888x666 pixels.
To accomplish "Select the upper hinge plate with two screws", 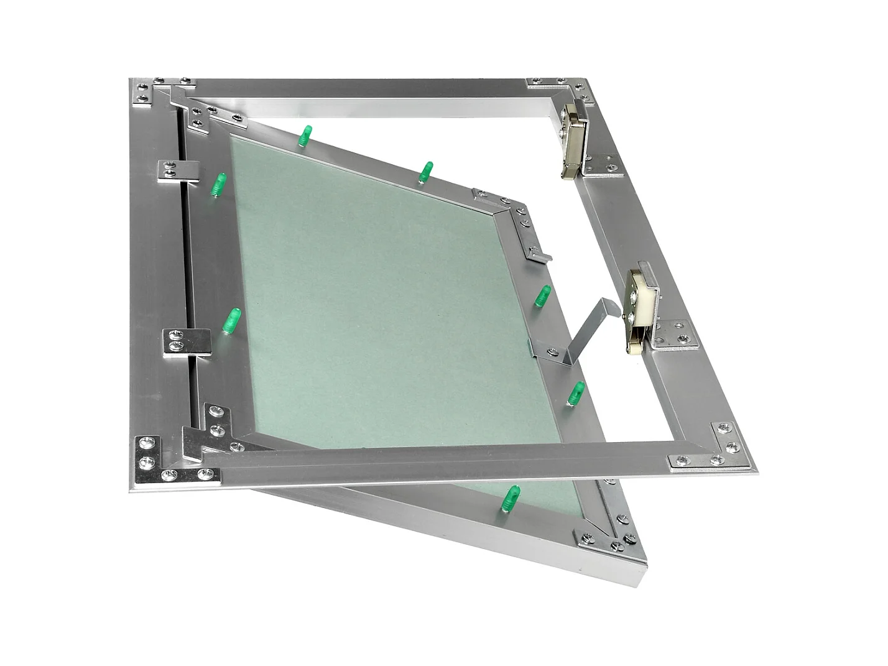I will click(178, 171).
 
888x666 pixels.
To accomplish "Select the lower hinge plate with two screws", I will click(185, 341).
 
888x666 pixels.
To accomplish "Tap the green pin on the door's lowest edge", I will click(511, 498).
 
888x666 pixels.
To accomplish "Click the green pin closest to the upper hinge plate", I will click(218, 185).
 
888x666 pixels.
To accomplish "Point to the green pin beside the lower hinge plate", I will click(232, 320).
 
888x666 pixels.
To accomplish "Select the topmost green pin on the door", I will click(305, 136).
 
